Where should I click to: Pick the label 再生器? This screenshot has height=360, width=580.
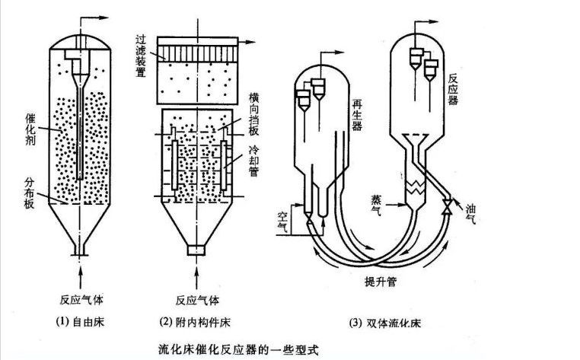tap(356, 114)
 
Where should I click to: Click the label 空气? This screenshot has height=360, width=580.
tap(284, 221)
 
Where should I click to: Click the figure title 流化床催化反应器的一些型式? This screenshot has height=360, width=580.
tap(236, 349)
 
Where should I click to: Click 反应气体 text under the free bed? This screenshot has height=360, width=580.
tap(80, 298)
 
